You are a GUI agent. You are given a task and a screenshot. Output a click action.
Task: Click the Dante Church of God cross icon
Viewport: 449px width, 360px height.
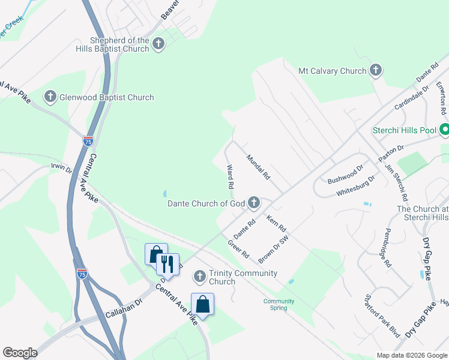pos(254,203)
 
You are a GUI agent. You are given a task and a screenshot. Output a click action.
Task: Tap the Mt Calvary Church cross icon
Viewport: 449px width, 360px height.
pos(376,71)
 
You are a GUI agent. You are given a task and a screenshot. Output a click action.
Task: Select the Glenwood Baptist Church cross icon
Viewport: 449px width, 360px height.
pos(50,97)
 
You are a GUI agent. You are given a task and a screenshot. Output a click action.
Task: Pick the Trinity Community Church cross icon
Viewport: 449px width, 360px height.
pos(200,277)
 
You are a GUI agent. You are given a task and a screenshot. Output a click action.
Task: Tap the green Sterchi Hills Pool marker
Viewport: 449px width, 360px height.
pos(445,130)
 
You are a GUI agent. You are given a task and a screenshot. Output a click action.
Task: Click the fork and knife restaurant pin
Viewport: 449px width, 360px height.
pos(167,264)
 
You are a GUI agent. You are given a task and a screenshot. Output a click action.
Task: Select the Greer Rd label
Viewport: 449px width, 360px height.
pos(238,250)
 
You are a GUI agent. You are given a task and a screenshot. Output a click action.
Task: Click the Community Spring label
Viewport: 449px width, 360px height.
pos(279,304)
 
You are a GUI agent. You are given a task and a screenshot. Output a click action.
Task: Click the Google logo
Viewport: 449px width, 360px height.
pos(20,353)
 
